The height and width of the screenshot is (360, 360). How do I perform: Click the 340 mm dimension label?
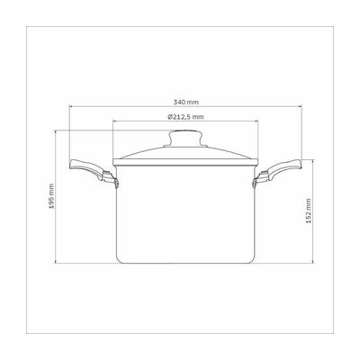(186, 102)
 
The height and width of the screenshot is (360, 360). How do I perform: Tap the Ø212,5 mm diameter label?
(185, 117)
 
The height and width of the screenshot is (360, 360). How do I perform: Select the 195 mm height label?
(51, 196)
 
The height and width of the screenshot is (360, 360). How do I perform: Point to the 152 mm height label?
(309, 211)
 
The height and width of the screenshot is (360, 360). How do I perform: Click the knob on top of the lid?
(185, 138)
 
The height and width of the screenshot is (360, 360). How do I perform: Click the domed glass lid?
(185, 154)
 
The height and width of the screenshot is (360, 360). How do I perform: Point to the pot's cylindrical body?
(185, 213)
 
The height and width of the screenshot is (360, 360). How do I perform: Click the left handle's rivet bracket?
(111, 179)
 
